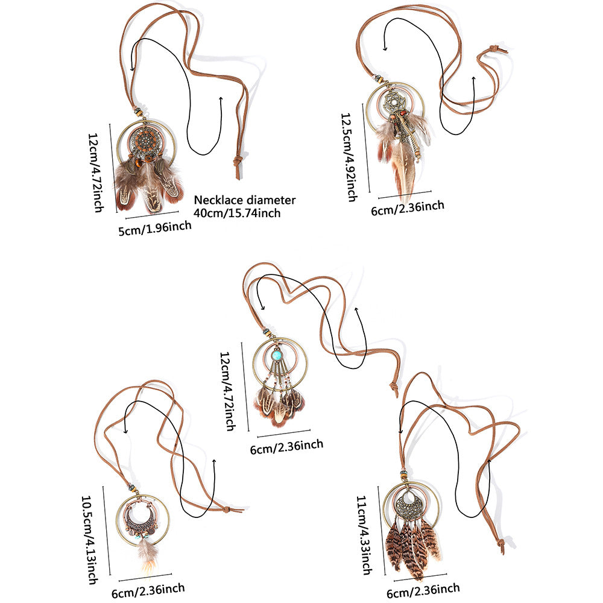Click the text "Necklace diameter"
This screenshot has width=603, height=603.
click(245, 200)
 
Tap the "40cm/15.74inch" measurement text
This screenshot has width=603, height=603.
click(237, 213)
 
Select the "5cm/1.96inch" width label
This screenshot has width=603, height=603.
click(155, 228)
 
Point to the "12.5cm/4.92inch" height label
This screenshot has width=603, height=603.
click(349, 157)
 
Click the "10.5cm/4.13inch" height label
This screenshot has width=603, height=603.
click(89, 540)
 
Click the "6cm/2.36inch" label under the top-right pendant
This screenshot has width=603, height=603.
click(408, 207)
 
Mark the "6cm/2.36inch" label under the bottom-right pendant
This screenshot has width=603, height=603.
click(423, 591)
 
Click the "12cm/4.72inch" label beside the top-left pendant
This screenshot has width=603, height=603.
click(96, 172)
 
